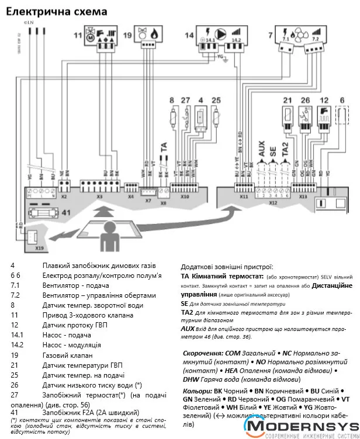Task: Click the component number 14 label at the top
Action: tap(189, 36)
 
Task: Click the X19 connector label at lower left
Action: tap(39, 249)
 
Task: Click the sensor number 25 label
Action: tap(216, 100)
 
